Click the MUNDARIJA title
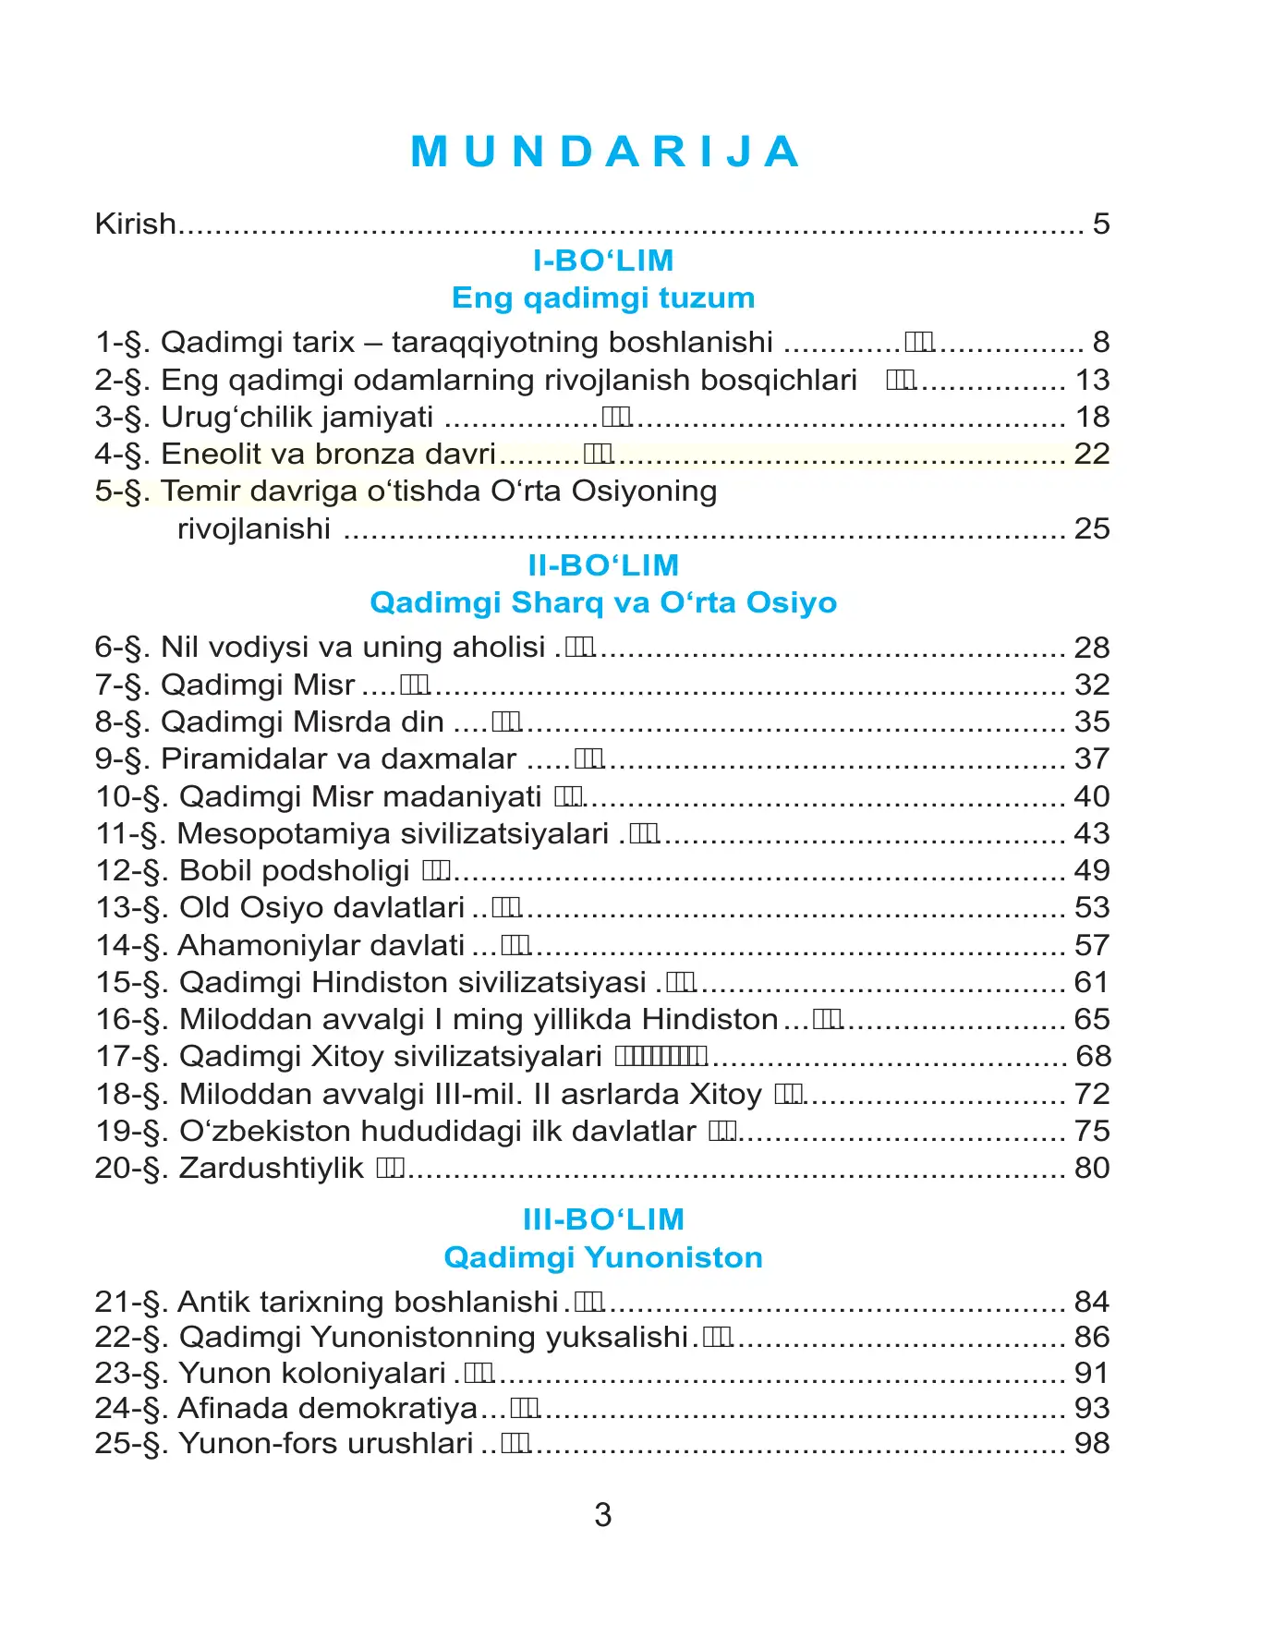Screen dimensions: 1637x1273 605,152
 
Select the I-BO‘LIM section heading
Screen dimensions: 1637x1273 603,261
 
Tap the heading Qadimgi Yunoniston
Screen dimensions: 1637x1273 603,1256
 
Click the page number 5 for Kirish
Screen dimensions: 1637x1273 1100,224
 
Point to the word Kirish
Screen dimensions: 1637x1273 135,224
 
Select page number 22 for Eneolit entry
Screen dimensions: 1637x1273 1092,454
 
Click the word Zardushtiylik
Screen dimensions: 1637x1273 271,1168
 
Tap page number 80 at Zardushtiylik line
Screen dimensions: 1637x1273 1092,1168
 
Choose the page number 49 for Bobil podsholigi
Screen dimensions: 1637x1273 1092,870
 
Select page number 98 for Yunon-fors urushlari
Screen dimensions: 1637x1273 1092,1443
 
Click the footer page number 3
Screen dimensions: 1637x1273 603,1515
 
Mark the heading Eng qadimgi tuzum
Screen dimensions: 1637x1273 603,297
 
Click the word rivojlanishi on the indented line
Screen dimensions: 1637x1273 253,528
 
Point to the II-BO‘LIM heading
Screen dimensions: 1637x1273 603,565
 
